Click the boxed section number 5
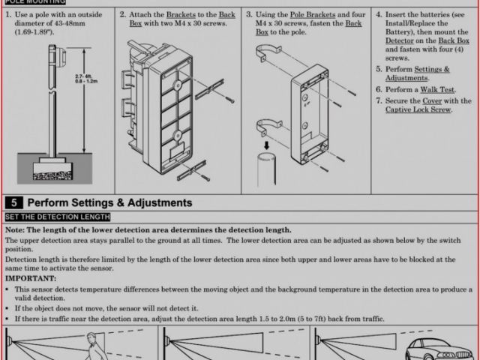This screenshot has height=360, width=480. [13, 203]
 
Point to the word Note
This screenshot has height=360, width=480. [14, 229]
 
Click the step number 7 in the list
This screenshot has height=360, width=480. [379, 100]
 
